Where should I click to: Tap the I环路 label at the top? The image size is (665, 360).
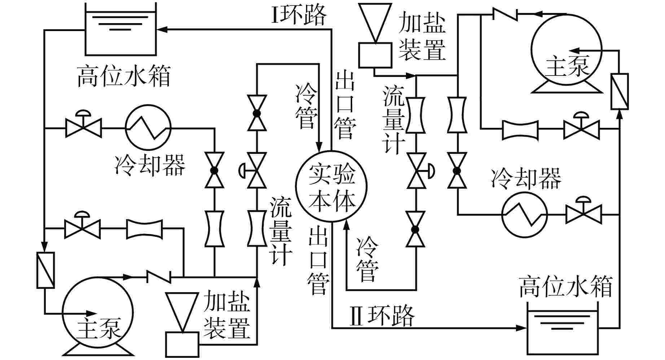[299, 16]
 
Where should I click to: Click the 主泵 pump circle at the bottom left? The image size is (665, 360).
[97, 312]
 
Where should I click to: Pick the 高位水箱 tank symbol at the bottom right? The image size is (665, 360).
[563, 329]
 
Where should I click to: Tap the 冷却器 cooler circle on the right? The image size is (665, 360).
[524, 215]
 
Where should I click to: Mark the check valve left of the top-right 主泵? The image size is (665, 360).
[505, 14]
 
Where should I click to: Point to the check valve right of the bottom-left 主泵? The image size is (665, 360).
[159, 277]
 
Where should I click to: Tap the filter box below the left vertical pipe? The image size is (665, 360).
[45, 270]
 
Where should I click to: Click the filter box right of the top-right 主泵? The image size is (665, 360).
[620, 91]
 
